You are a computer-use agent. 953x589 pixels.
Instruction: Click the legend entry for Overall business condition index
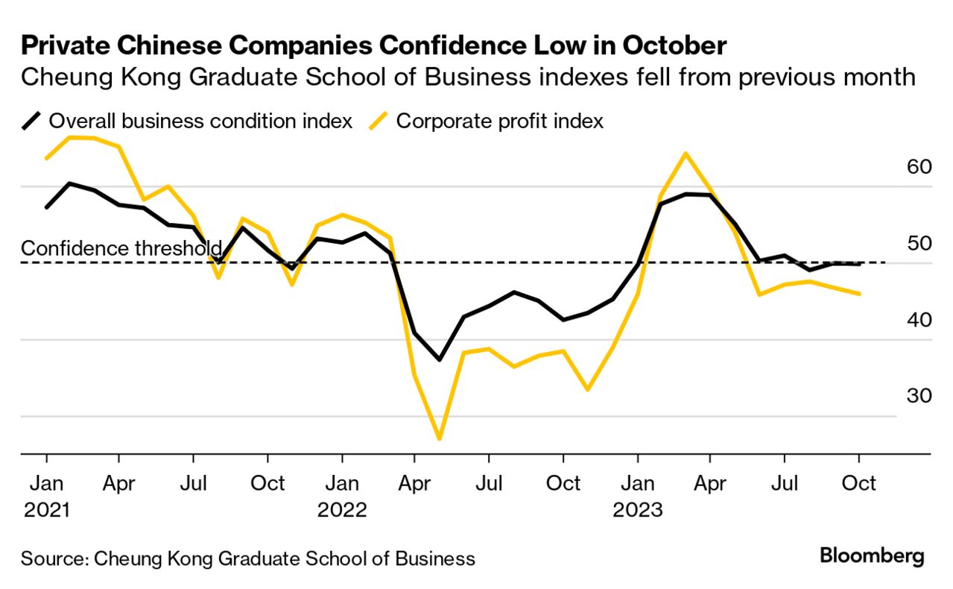[200, 121]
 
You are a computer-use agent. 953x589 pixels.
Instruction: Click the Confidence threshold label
[121, 248]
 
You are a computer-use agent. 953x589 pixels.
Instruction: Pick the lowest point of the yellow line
[439, 438]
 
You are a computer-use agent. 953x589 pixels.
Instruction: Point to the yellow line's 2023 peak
[685, 154]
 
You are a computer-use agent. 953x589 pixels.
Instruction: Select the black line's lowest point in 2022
[439, 359]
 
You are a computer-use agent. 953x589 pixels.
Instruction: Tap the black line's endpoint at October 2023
[859, 264]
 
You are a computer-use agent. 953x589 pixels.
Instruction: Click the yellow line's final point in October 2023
[859, 294]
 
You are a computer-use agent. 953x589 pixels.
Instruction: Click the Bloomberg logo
[872, 556]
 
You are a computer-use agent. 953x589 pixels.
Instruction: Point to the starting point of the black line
[47, 207]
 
